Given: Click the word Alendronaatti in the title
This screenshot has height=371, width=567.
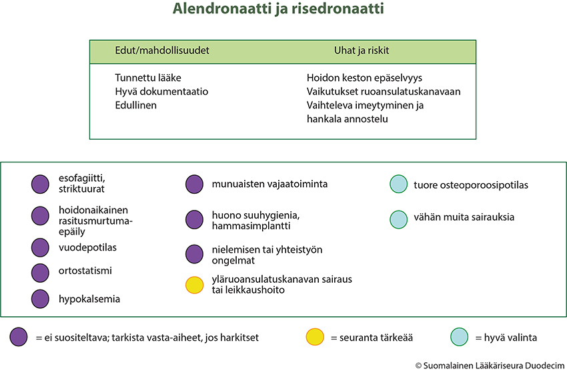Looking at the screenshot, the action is point(222,8).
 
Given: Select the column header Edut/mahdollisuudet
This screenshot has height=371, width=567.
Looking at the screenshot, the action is point(162,50).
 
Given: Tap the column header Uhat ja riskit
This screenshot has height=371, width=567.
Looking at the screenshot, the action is point(362,50).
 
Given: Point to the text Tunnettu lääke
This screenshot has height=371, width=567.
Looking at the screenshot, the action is point(148,78).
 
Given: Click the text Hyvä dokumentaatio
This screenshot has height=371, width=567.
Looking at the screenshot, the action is point(161,92).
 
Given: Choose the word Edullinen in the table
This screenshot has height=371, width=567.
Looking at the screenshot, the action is point(135,106).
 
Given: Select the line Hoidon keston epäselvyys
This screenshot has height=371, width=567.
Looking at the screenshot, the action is point(364,78).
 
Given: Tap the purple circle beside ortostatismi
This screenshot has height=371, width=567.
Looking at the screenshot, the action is point(40,273).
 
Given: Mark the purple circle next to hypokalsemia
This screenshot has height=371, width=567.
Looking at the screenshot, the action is point(40,299).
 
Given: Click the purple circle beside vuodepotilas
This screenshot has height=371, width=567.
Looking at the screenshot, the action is point(40,247).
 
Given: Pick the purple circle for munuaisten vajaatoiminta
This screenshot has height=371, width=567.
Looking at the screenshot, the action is point(195,184).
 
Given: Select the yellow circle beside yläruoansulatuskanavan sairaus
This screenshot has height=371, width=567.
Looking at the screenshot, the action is point(195,285).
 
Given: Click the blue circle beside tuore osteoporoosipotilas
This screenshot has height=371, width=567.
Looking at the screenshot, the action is point(399,184).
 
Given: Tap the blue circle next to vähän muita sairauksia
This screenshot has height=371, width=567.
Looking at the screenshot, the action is point(399,219).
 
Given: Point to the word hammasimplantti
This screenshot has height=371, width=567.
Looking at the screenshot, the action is point(251,226).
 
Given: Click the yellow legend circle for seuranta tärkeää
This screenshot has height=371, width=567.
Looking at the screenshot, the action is point(315,337).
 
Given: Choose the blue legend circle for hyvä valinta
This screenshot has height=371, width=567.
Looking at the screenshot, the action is point(460,337).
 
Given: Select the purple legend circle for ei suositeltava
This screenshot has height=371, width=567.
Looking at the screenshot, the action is point(19,337).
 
